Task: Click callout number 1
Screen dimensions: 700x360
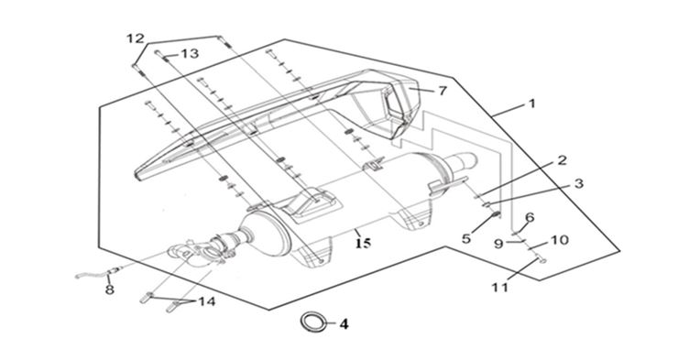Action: (x=531, y=104)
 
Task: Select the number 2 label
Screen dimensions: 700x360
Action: (x=562, y=160)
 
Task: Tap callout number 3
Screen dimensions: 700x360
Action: (x=578, y=183)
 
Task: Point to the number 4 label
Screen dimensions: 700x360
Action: (x=344, y=324)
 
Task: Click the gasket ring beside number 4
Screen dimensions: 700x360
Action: (x=312, y=322)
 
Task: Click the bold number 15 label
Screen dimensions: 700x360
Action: (x=364, y=244)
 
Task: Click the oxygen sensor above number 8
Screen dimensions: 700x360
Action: (x=99, y=273)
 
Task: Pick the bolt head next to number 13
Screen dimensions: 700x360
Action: (x=158, y=52)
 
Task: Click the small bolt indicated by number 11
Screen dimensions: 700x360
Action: (x=541, y=259)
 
